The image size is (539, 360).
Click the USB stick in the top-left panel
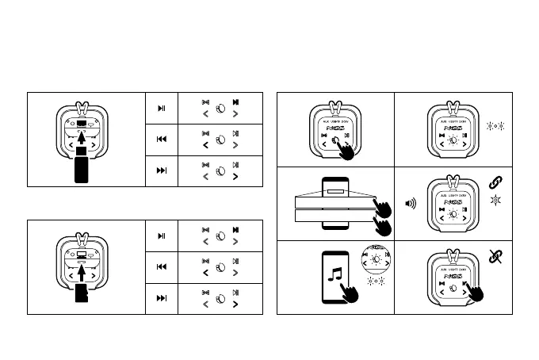[81, 170]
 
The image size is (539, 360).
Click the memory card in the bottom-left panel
[81, 296]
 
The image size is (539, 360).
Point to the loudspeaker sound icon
[411, 203]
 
